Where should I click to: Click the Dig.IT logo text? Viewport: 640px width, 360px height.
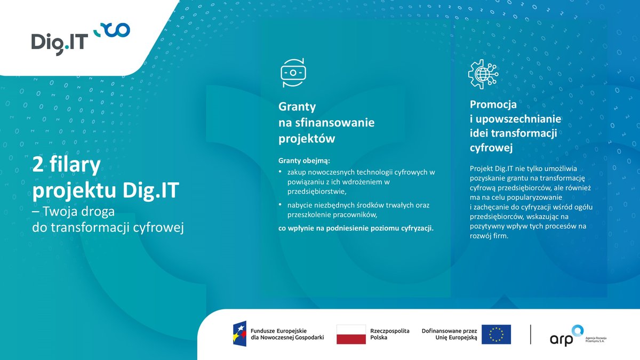click(59, 42)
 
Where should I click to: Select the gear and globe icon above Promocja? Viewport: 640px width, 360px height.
click(483, 74)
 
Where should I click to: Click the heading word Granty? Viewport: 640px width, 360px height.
click(297, 106)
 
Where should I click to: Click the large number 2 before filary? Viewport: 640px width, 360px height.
click(37, 165)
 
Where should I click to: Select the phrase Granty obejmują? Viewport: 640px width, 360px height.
click(304, 160)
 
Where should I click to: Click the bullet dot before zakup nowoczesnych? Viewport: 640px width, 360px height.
click(281, 172)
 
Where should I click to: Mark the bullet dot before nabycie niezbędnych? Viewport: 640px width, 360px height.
click(281, 205)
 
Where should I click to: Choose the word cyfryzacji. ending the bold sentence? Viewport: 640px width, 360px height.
click(417, 229)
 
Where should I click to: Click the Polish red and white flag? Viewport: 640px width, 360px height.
click(351, 334)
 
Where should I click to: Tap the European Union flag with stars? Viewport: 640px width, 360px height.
click(496, 334)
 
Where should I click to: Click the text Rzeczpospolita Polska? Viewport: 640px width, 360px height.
click(390, 334)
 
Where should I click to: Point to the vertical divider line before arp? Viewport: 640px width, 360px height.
click(531, 334)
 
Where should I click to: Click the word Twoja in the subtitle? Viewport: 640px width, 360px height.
click(60, 211)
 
